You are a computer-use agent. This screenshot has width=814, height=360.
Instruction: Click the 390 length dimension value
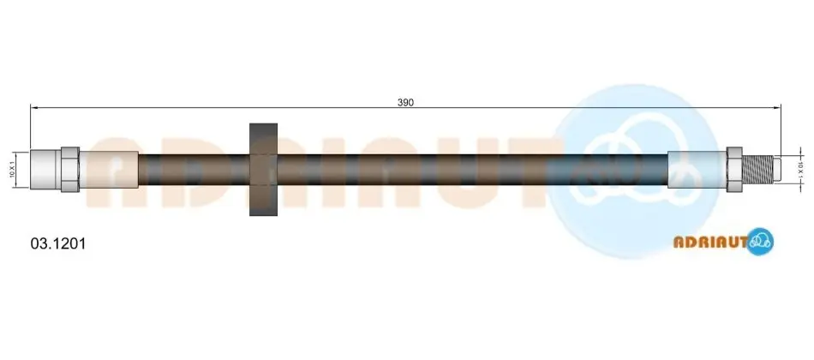[x=405, y=102]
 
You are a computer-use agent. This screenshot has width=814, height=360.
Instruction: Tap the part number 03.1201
[x=58, y=243]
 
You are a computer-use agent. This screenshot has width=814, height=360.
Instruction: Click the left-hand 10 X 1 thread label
[x=12, y=170]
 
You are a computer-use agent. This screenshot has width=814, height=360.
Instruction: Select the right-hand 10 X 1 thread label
[x=801, y=170]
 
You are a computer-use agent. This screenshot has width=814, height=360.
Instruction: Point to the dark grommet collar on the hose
[x=264, y=170]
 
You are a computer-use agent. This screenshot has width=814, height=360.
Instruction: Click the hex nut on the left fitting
[x=70, y=170]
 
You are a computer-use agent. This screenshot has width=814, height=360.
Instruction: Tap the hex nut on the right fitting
[x=734, y=170]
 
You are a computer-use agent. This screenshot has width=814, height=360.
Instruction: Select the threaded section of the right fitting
[x=757, y=170]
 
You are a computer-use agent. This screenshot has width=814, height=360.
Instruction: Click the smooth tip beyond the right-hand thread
[x=776, y=170]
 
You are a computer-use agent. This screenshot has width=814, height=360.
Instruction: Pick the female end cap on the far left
[x=45, y=170]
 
